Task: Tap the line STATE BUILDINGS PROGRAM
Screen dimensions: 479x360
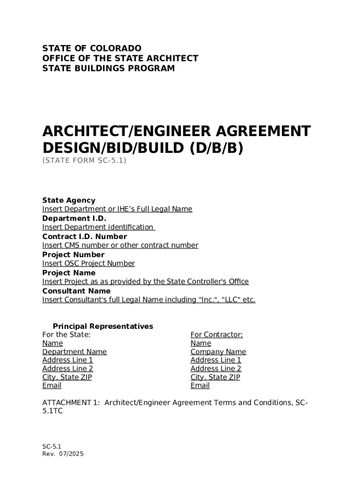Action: pyautogui.click(x=108, y=69)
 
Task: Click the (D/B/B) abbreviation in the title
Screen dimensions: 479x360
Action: pyautogui.click(x=217, y=148)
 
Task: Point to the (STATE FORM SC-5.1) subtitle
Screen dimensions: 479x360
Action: pyautogui.click(x=84, y=160)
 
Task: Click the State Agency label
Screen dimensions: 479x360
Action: pyautogui.click(x=69, y=200)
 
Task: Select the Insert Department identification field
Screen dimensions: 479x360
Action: pyautogui.click(x=98, y=227)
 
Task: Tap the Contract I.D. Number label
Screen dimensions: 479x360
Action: pyautogui.click(x=84, y=237)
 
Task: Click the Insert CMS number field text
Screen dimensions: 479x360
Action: pyautogui.click(x=120, y=246)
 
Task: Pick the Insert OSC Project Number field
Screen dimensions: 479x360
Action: pyautogui.click(x=88, y=264)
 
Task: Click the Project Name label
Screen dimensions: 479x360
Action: pyautogui.click(x=69, y=273)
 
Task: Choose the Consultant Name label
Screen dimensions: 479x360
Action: pyautogui.click(x=76, y=291)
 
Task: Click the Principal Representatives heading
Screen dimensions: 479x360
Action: pyautogui.click(x=103, y=327)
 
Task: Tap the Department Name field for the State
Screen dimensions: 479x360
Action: pyautogui.click(x=74, y=352)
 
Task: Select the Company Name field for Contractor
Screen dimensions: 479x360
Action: pyautogui.click(x=218, y=352)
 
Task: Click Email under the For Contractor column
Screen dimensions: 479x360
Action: pyautogui.click(x=200, y=386)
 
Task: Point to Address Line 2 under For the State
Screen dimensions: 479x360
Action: pyautogui.click(x=67, y=369)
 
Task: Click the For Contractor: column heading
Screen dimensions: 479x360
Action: pyautogui.click(x=216, y=335)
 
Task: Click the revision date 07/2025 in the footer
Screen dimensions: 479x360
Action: pyautogui.click(x=71, y=454)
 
